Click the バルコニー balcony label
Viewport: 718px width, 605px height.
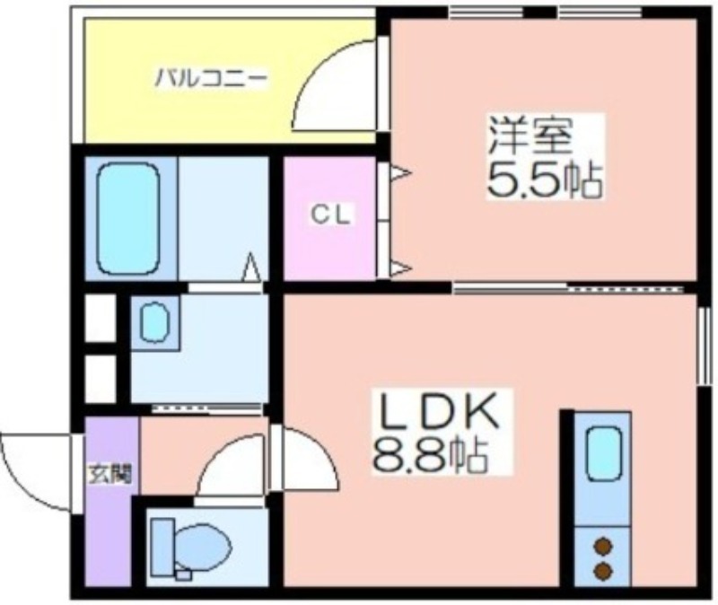[211, 78]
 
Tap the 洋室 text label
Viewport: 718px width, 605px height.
[530, 136]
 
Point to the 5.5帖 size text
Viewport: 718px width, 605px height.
[544, 180]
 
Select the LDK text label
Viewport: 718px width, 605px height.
[437, 411]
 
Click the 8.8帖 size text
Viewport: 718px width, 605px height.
[431, 455]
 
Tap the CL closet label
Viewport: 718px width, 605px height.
[330, 215]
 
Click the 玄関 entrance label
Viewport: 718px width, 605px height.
[109, 474]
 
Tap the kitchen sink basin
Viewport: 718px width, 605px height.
[603, 454]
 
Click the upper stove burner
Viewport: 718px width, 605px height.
[603, 548]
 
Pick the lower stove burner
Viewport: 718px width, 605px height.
[603, 571]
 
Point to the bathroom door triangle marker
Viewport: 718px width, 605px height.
[251, 267]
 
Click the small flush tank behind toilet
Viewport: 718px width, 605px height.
[184, 574]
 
